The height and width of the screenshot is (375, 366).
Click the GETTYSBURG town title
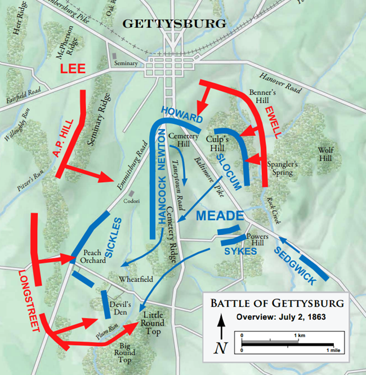tap(174, 24)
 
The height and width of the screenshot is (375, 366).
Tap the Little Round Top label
tap(153, 323)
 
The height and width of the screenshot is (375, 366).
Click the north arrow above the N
tap(222, 326)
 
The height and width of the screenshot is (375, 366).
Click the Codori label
tap(131, 201)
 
